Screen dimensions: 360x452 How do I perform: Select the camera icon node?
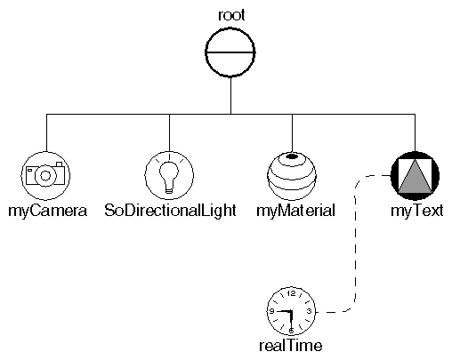click(x=45, y=174)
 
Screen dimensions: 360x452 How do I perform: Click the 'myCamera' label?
click(x=45, y=212)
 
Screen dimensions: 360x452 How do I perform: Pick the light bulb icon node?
click(x=169, y=174)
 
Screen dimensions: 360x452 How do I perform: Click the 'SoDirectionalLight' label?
click(x=169, y=212)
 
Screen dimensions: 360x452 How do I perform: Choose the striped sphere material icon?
click(x=292, y=174)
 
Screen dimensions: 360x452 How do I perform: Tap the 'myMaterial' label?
click(x=292, y=212)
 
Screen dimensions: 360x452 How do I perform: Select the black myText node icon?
click(x=416, y=174)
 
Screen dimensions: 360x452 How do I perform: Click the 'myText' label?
click(x=416, y=212)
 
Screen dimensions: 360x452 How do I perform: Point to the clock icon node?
click(x=292, y=310)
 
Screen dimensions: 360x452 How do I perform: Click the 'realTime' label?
click(x=292, y=346)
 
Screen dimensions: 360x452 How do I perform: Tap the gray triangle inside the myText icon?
click(x=416, y=179)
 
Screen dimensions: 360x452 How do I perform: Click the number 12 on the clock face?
click(x=292, y=294)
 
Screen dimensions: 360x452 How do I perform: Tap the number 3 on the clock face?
click(x=308, y=311)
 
